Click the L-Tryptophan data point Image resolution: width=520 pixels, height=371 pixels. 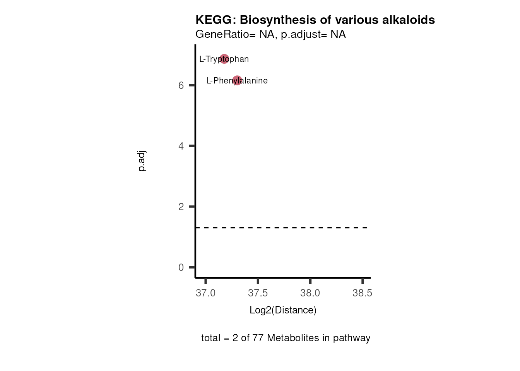tap(224, 59)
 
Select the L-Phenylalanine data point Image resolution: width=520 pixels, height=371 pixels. tap(237, 80)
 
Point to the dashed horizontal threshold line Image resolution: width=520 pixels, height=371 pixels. tap(282, 228)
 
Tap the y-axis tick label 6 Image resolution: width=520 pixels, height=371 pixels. tap(181, 85)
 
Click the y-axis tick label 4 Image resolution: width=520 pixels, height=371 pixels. tap(181, 146)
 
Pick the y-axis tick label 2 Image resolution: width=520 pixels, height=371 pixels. tap(181, 207)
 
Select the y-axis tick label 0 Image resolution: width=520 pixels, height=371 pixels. tap(181, 267)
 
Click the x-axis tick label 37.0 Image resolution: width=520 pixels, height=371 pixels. tap(205, 293)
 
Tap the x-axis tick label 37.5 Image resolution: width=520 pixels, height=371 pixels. tap(258, 293)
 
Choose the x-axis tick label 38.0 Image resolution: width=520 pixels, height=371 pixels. tap(310, 293)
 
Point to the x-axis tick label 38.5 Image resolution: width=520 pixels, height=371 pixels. tap(363, 293)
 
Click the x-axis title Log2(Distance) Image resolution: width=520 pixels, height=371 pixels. tap(283, 310)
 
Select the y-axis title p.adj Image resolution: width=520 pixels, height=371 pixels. tap(142, 161)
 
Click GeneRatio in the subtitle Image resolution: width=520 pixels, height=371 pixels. tap(222, 34)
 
